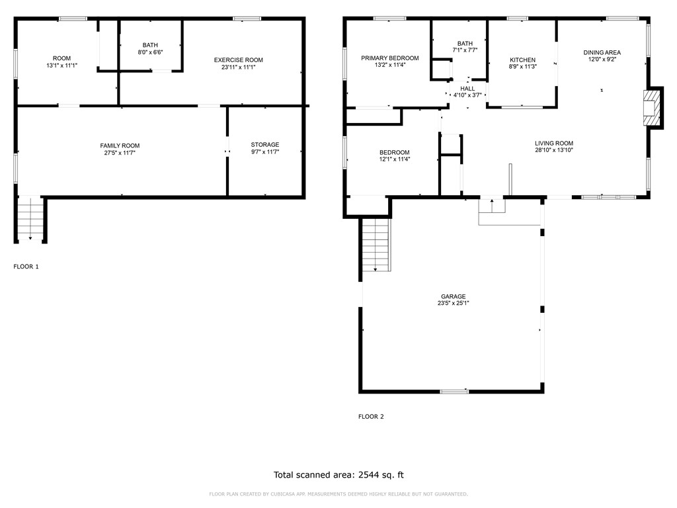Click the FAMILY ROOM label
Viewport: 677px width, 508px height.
pyautogui.click(x=120, y=146)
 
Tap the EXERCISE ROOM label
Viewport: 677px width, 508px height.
pyautogui.click(x=238, y=60)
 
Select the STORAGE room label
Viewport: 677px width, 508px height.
pyautogui.click(x=264, y=145)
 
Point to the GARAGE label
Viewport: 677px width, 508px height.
pyautogui.click(x=454, y=296)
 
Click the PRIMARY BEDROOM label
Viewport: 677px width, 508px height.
pyautogui.click(x=389, y=58)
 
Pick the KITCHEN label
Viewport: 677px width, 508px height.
pyautogui.click(x=522, y=60)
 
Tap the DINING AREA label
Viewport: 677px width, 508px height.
pyautogui.click(x=602, y=52)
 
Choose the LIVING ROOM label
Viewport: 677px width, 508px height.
pyautogui.click(x=554, y=143)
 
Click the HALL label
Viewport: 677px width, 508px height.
pyautogui.click(x=467, y=89)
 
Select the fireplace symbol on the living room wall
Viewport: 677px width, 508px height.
pyautogui.click(x=652, y=107)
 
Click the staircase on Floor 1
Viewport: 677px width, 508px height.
pyautogui.click(x=30, y=221)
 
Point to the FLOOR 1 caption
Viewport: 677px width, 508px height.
pyautogui.click(x=26, y=267)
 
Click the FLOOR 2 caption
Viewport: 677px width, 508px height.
pyautogui.click(x=371, y=417)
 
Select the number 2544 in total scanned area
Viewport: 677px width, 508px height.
pyautogui.click(x=371, y=474)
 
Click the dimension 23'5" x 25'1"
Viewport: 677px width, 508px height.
pyautogui.click(x=454, y=304)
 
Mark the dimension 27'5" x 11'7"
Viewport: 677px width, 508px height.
pyautogui.click(x=120, y=153)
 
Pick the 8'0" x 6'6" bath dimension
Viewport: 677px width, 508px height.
pyautogui.click(x=150, y=52)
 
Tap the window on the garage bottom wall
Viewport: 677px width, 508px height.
pyautogui.click(x=454, y=392)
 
